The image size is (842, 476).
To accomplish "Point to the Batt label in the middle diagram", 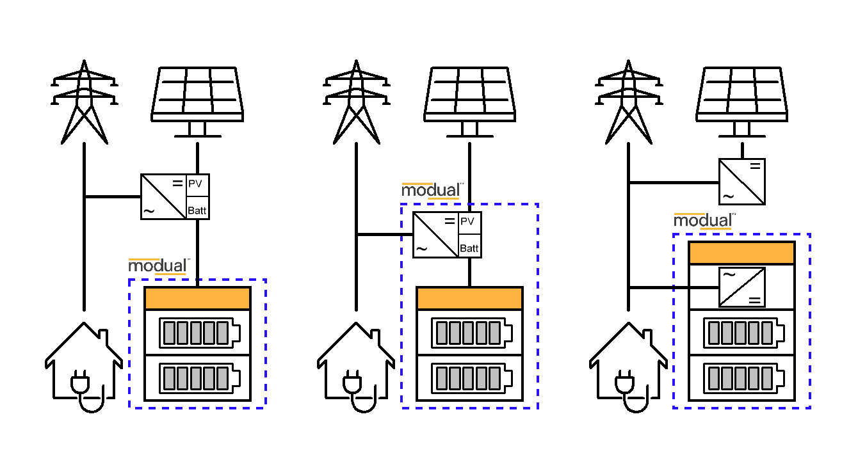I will [x=469, y=248].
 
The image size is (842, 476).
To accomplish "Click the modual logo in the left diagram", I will [x=159, y=266].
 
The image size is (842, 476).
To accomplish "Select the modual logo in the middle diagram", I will [x=432, y=191].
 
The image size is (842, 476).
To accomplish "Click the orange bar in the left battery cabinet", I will [x=197, y=299].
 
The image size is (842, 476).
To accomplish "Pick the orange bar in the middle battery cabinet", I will [x=469, y=299].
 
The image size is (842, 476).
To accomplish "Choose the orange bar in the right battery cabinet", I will [x=741, y=253].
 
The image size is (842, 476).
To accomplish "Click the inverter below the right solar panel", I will [x=741, y=182].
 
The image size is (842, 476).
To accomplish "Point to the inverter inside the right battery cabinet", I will [x=741, y=287].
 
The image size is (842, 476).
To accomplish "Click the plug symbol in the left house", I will [x=83, y=384].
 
